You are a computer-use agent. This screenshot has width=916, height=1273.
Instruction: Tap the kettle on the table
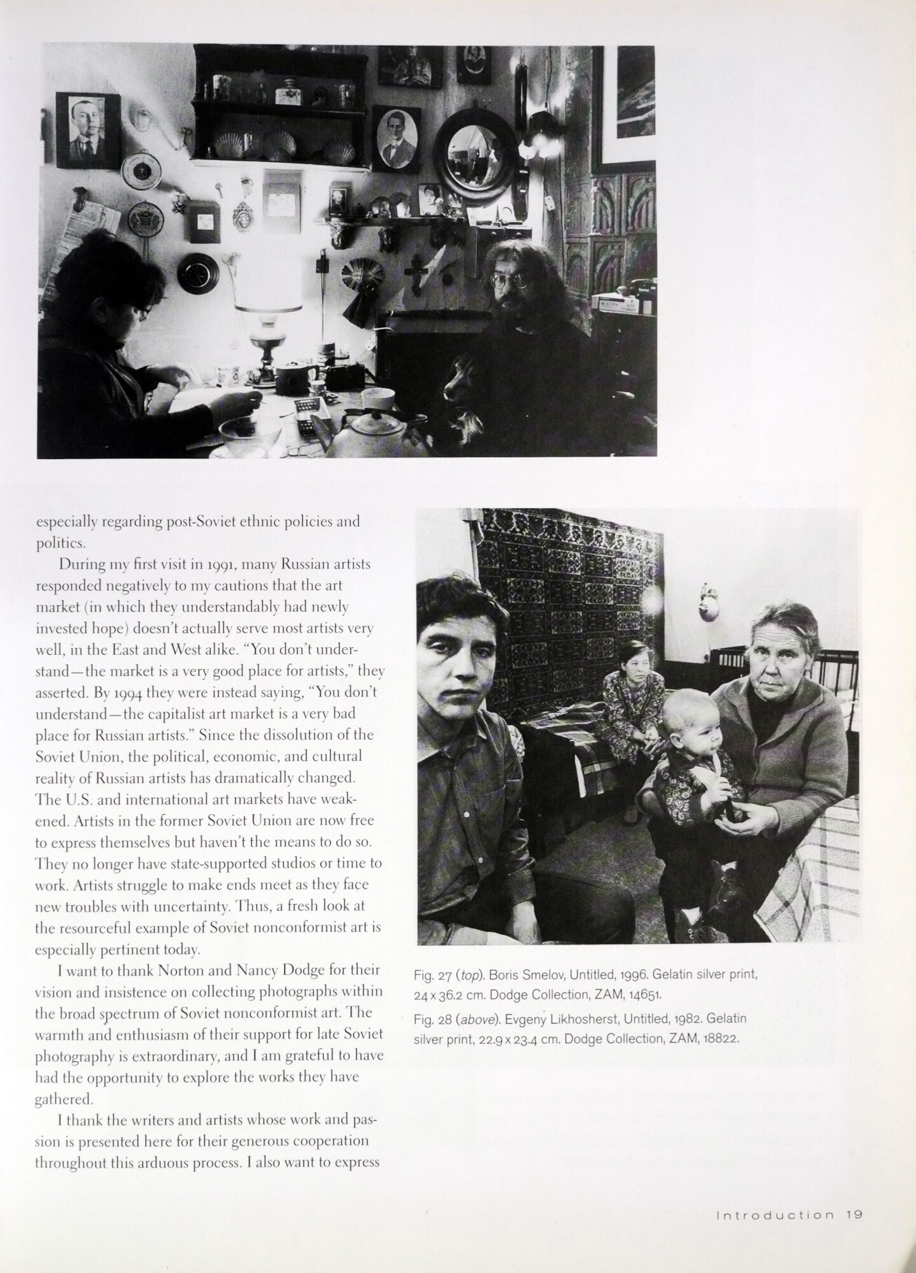click(x=367, y=433)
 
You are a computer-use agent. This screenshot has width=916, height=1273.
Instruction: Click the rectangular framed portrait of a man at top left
click(x=88, y=129)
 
